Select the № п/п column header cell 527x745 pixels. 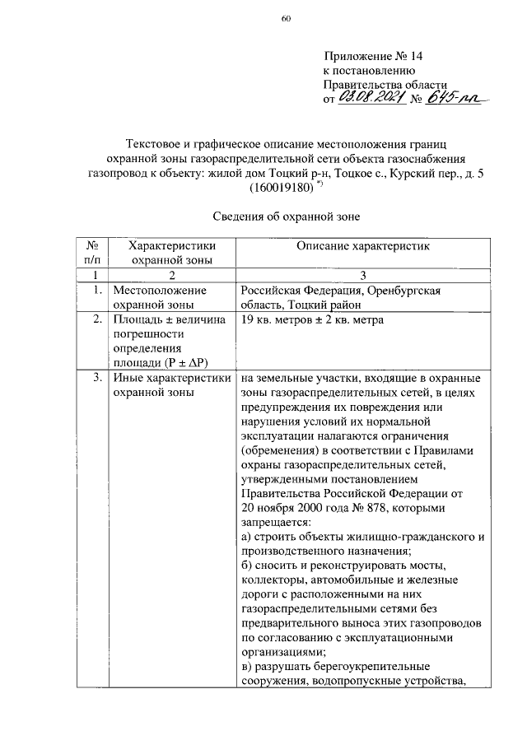point(93,252)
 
